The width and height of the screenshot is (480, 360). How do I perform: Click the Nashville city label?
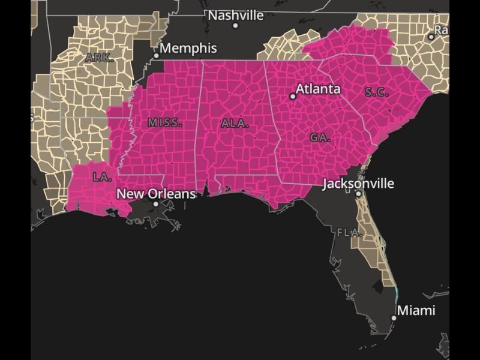tap(236, 15)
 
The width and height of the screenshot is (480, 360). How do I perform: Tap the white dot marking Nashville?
tap(235, 25)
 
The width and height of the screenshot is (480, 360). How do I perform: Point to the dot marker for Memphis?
tap(156, 56)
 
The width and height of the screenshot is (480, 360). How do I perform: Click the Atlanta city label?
tap(318, 89)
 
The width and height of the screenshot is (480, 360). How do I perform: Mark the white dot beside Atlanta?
tap(293, 96)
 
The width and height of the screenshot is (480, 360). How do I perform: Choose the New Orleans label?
tap(156, 194)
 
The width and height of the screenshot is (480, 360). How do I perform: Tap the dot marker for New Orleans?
tap(155, 204)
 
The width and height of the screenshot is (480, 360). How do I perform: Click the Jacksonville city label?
tap(358, 183)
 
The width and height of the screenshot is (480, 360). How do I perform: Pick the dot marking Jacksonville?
tap(358, 193)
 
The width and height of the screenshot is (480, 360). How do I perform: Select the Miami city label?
tap(416, 310)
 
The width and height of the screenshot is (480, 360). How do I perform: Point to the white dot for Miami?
tap(394, 318)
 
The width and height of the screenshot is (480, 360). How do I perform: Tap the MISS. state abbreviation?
tap(164, 122)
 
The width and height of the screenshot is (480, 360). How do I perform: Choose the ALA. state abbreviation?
tap(235, 124)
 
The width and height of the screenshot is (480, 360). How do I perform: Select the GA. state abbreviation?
tap(320, 137)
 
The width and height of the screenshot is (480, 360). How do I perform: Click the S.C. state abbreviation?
tap(377, 92)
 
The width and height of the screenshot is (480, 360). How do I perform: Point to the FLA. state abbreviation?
tap(349, 232)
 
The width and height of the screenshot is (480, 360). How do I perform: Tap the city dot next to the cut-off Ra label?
tap(431, 37)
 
